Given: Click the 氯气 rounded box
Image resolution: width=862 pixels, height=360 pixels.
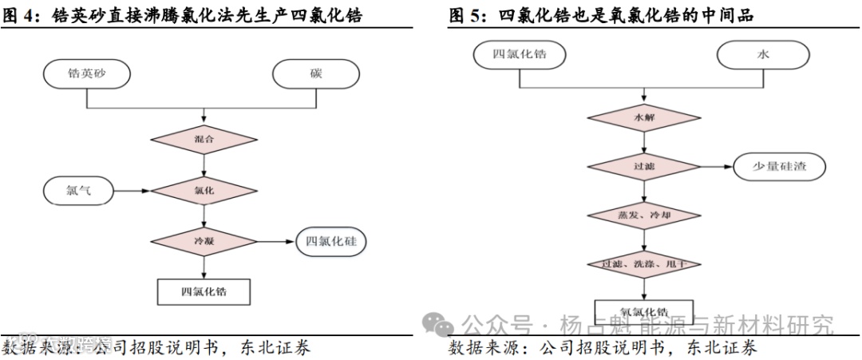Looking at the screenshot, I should coord(79,191).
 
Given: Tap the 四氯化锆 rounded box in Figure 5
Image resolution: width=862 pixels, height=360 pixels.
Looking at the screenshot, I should coord(520,55).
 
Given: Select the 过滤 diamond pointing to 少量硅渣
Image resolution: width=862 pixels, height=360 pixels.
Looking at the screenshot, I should coord(643,168).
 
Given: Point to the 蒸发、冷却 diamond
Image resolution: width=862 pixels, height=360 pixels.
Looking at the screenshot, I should coord(643,216).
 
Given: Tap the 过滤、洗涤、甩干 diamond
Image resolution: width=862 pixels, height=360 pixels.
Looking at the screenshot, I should coord(643,263).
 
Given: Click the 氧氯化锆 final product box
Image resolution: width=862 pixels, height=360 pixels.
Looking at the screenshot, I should coord(643,311).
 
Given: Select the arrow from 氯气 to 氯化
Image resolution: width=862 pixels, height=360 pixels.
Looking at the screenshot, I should coord(132,191).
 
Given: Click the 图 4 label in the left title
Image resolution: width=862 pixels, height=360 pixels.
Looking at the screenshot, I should coord(15,14).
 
